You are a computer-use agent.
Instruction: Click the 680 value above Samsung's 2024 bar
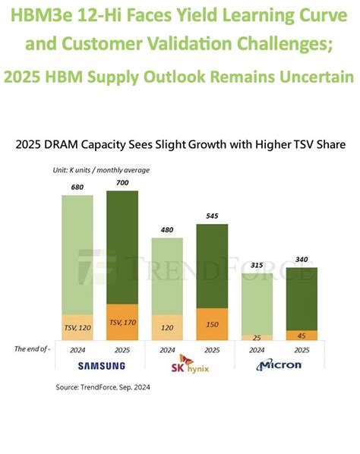tap(77, 186)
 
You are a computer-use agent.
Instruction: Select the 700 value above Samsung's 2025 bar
tap(122, 182)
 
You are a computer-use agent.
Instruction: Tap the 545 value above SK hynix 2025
tap(213, 215)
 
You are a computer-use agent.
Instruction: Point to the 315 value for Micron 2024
tap(257, 263)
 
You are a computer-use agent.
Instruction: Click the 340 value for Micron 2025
tap(302, 259)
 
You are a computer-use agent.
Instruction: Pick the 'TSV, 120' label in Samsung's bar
tap(77, 326)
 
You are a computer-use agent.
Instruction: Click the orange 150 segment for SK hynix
tap(213, 323)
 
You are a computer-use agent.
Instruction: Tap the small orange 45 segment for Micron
tap(302, 336)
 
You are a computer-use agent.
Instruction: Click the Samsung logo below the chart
tap(99, 365)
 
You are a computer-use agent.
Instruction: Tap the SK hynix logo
tap(190, 364)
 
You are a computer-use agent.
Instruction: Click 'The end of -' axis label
tap(33, 348)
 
